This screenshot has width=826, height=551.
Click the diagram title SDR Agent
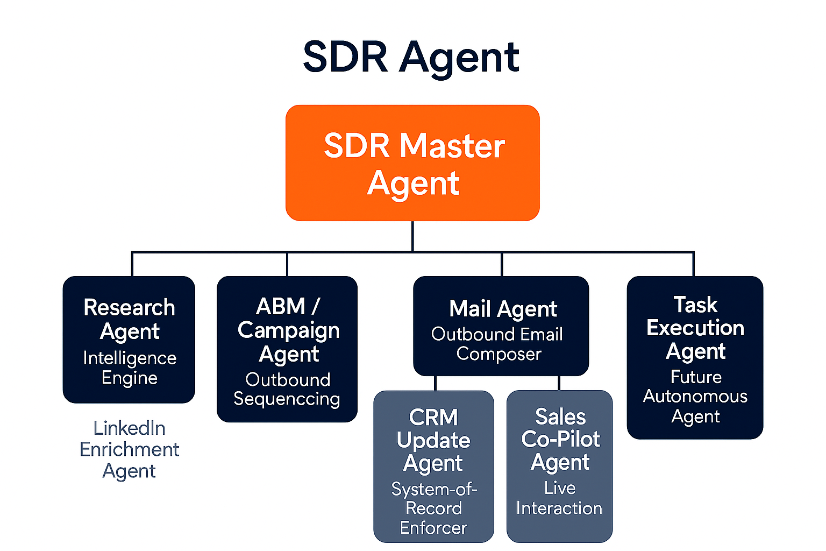click(411, 57)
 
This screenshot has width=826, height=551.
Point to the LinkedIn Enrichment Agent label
click(129, 449)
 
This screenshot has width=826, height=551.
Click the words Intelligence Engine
click(129, 368)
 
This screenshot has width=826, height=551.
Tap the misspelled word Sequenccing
click(287, 399)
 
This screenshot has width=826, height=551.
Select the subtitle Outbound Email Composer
click(497, 344)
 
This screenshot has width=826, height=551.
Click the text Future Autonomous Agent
click(695, 397)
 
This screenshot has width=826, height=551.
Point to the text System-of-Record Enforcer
click(433, 508)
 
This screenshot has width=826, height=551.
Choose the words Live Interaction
click(559, 498)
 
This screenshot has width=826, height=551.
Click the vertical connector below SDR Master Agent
click(412, 236)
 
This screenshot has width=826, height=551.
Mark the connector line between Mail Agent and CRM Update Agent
click(435, 383)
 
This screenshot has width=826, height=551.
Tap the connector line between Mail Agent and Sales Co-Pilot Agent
click(559, 383)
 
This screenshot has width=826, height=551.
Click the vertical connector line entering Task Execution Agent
click(694, 264)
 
